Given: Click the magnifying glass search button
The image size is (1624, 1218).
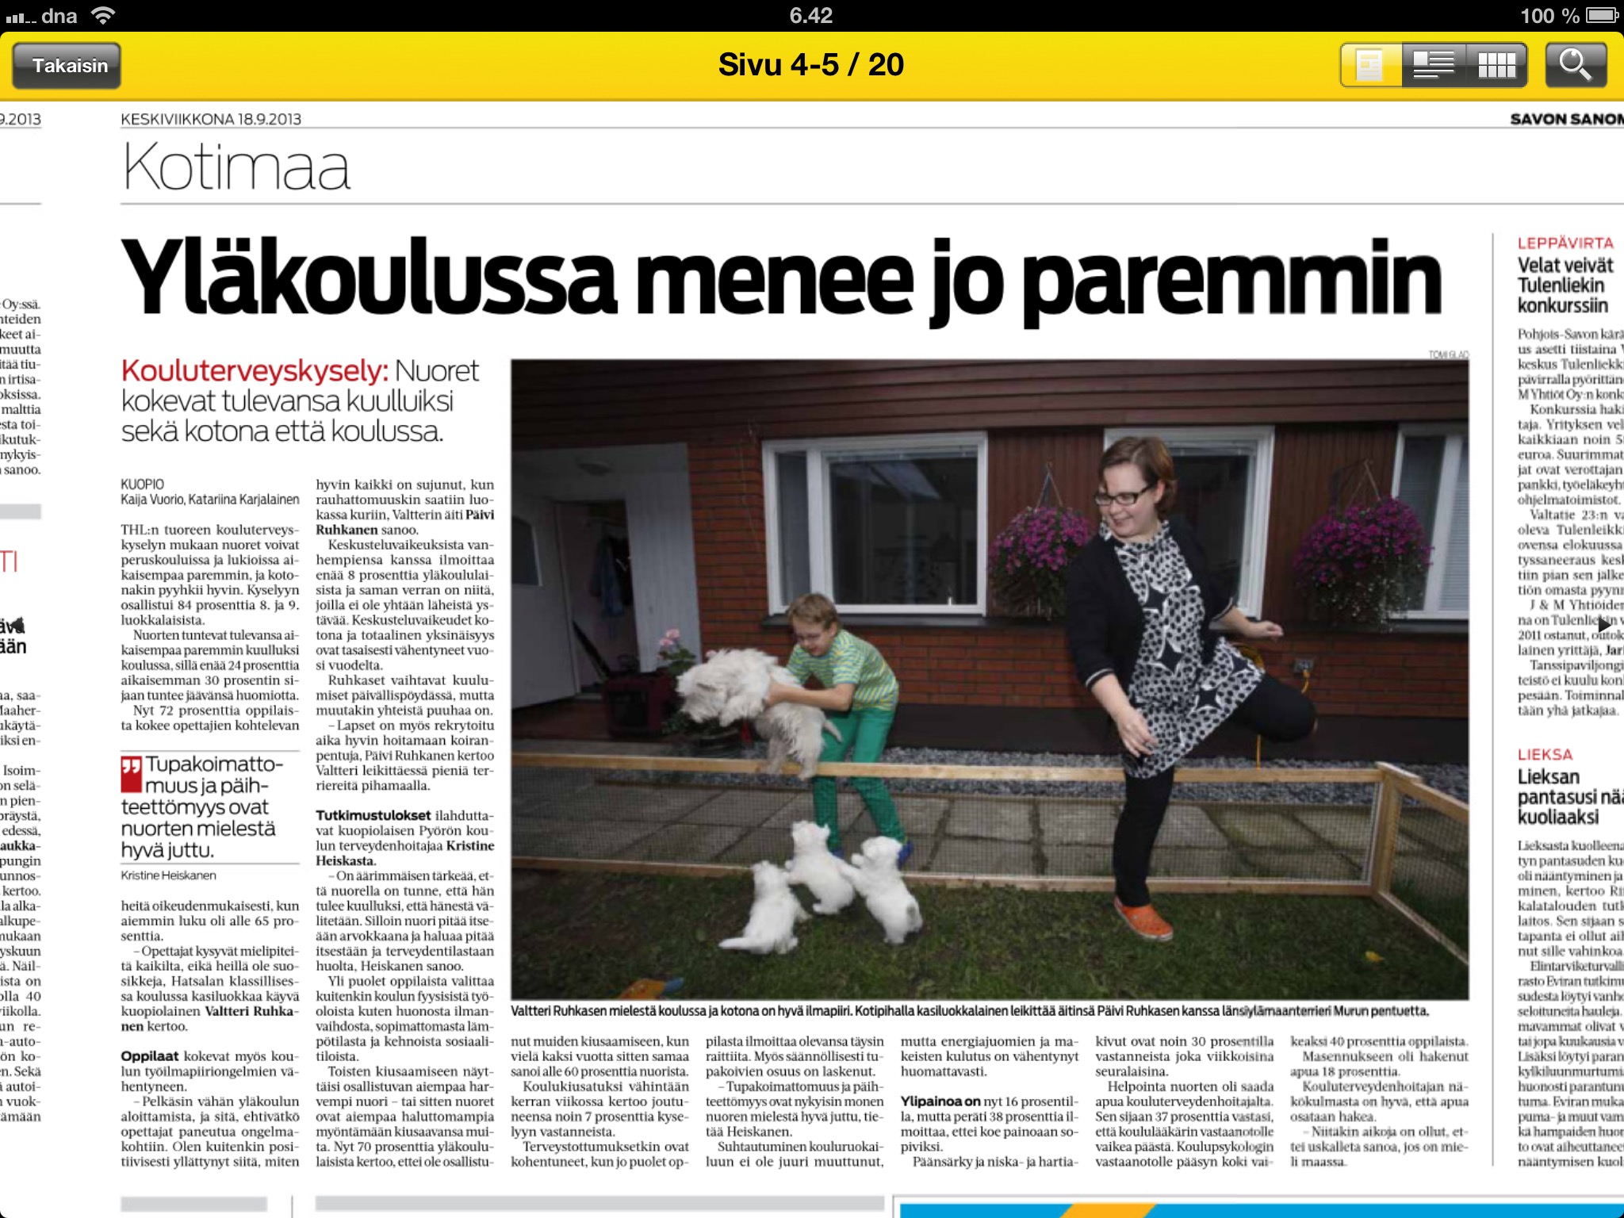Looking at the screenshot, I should pos(1575,65).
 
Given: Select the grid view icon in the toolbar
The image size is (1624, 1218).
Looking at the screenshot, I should pos(1496,65).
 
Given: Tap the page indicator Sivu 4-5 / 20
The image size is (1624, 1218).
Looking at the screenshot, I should pos(810,65).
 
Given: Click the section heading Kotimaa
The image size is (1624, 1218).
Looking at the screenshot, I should pos(236,167).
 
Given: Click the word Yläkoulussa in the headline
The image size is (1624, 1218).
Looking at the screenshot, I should pos(369,278).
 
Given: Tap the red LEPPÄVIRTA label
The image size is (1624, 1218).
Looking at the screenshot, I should pos(1565,243).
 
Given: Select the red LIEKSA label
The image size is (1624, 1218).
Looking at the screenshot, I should pos(1545,754).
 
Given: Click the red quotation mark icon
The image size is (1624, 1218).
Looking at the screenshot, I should pos(131,774).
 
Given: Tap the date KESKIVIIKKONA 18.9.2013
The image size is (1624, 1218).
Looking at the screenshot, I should pos(211,120).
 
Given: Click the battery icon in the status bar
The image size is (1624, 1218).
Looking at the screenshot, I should pos(1602,15).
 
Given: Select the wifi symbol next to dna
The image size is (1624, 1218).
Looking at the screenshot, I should pos(103,15).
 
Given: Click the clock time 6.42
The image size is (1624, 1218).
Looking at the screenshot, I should pos(810,15).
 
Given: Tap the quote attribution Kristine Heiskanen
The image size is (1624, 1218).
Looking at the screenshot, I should pos(168,875).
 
